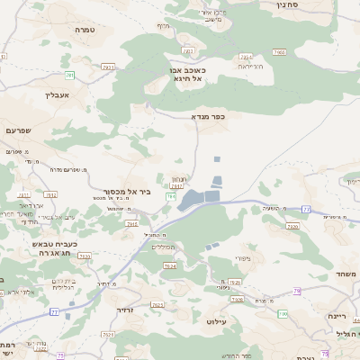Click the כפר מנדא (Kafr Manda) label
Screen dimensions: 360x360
pos(207,116)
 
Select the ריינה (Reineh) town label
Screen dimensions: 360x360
pos(337,316)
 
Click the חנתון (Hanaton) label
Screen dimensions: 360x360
pos(178,179)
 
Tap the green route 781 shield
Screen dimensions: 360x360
pos(69,75)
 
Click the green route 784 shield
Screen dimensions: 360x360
pos(170,196)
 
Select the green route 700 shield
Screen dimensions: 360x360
pos(282,313)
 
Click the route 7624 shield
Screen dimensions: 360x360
pos(169,265)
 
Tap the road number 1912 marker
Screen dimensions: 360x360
pos(50,194)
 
